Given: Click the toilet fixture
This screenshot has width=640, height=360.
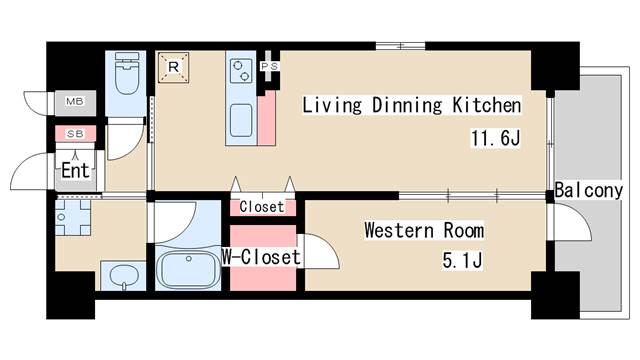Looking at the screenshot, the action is click(126, 73).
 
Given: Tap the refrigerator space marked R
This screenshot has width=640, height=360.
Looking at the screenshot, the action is click(173, 67).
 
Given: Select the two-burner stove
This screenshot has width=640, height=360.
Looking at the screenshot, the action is click(240, 71).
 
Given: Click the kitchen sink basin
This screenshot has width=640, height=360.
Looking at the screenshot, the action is click(241, 120).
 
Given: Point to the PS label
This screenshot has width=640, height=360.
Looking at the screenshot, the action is click(269, 66).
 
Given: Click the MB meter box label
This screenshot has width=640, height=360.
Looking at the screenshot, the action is click(75, 101).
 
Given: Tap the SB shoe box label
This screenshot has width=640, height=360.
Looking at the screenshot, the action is click(75, 133).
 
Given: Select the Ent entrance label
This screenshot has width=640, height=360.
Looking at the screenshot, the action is click(75, 170).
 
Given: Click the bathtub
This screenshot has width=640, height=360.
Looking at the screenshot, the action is click(188, 269).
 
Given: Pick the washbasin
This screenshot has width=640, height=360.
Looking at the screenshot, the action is click(124, 276).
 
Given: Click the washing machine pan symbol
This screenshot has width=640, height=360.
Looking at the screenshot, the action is click(73, 217).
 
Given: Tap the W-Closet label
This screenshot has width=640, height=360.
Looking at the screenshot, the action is click(261, 257).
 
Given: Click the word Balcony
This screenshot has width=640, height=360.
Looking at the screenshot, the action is click(589, 191).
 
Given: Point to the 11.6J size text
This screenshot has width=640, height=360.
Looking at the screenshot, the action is click(496, 138).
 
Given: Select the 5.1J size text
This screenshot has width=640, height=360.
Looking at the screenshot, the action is click(462, 260).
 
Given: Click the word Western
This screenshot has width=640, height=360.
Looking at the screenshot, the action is click(399, 230).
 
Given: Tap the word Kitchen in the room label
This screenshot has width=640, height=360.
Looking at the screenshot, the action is click(487, 105).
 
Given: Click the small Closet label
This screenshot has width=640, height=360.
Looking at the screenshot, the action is click(262, 207).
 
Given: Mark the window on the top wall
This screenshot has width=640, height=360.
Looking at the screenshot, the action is click(400, 46).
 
